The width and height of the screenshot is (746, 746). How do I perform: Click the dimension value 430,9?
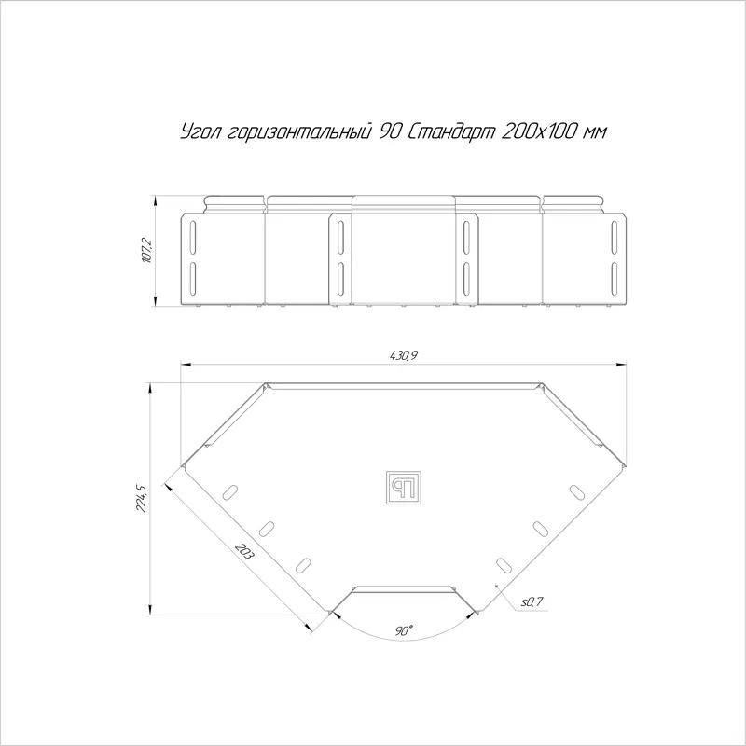point(404,355)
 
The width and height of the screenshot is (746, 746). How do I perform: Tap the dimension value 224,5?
point(142,498)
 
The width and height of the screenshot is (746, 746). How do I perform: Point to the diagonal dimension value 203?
point(245,551)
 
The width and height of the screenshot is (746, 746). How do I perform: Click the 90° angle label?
point(404,631)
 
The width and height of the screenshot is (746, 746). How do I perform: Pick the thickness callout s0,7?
point(532,602)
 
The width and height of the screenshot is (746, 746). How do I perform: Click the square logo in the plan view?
point(404,488)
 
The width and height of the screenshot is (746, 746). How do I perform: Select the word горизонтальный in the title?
point(299,132)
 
